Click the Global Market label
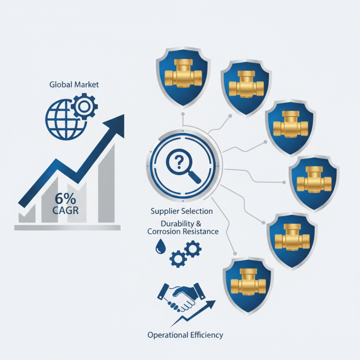coord(74,85)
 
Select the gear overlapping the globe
coord(84,106)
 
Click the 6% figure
coord(65,198)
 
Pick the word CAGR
coord(65,210)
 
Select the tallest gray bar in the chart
coord(106,183)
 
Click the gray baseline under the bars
coord(67,228)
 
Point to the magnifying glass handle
coord(195,177)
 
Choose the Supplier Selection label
coord(182,211)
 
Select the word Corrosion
coord(164,231)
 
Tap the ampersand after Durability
coord(198,224)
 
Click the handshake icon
coord(181,297)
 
